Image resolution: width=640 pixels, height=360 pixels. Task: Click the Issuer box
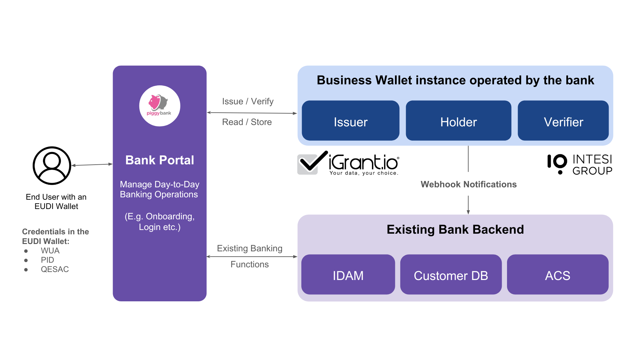click(350, 121)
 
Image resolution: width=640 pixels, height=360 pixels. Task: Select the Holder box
click(458, 121)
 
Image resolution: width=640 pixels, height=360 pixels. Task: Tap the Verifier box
click(563, 121)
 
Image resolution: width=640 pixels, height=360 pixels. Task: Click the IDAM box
click(348, 275)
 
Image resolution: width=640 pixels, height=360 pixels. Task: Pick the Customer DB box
click(451, 275)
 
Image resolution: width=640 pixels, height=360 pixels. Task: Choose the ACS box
click(557, 275)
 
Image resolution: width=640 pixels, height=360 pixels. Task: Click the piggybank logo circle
click(160, 106)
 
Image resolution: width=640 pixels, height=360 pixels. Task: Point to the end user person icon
click(52, 166)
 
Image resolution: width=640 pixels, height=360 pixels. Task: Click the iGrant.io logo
click(348, 163)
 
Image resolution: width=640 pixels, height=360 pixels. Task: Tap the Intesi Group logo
click(580, 164)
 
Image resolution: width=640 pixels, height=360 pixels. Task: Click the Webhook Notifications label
click(468, 184)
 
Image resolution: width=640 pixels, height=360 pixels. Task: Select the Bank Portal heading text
click(160, 160)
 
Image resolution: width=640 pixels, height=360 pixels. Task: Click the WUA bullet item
click(50, 251)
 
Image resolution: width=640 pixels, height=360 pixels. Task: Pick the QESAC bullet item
click(55, 269)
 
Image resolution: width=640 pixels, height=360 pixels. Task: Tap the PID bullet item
click(47, 260)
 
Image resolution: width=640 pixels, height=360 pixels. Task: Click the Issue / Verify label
click(248, 101)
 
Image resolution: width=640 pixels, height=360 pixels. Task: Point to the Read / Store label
click(247, 122)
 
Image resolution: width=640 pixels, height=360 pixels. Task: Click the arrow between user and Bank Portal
click(92, 165)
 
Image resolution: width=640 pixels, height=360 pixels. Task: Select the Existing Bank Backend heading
click(455, 230)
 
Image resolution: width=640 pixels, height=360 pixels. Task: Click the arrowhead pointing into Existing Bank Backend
click(468, 212)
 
